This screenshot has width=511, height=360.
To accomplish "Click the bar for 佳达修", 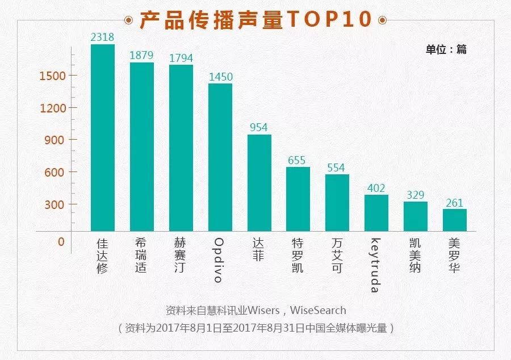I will pos(103,138).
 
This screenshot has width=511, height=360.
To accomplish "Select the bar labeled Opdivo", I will pos(220,157).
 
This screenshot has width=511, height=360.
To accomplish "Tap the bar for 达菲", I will pos(259,183).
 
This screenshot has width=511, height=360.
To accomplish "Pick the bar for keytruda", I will pos(376,213).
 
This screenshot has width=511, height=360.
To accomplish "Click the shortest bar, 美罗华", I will pos(455,220).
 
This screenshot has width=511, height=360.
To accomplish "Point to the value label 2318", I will pos(103,37).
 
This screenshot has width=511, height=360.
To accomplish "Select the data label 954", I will pos(259,127).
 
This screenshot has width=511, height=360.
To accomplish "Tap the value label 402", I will pos(376,188).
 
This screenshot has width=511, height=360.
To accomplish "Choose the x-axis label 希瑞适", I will pos(142,255).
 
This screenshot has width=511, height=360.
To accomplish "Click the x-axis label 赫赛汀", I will pos(181,255).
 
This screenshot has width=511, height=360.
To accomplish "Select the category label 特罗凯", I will pos(298,255).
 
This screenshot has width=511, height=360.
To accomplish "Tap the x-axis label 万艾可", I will pos(337,255).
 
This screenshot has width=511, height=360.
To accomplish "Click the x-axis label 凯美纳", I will pos(416,255).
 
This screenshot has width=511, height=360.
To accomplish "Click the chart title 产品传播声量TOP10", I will pos(256,19).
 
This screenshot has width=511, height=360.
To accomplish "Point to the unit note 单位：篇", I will pos(446,49).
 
